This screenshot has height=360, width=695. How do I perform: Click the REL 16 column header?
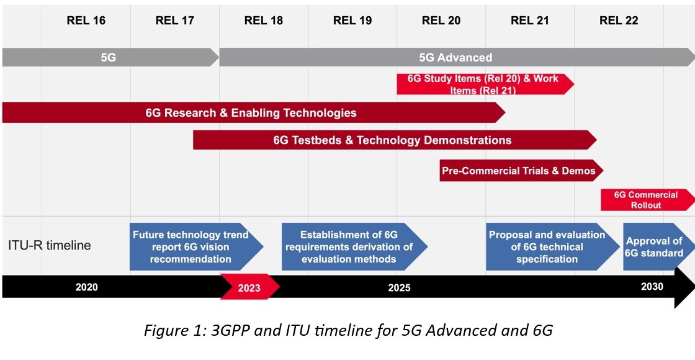86,20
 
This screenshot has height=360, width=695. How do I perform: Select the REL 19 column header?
352,20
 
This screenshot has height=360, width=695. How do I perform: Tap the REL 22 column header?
619,20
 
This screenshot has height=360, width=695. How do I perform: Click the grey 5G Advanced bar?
455,58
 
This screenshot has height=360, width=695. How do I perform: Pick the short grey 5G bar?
109,58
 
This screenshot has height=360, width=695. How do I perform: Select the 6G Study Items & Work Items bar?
483,84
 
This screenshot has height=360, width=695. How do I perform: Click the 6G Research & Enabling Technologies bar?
251,113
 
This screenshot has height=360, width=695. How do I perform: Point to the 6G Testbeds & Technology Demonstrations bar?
392,140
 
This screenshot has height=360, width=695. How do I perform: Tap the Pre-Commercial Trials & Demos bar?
518,171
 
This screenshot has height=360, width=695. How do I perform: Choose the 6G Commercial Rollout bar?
645,200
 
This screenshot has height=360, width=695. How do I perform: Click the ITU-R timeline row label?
50,246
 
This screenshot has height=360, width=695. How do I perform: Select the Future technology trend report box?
191,247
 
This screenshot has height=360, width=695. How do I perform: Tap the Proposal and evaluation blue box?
547,247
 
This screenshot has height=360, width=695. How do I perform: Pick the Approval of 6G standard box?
654,247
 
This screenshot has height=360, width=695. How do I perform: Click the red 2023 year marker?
249,288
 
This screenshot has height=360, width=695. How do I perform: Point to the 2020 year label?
87,287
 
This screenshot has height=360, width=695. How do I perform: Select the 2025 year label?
399,287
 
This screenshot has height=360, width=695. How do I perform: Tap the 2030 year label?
652,286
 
